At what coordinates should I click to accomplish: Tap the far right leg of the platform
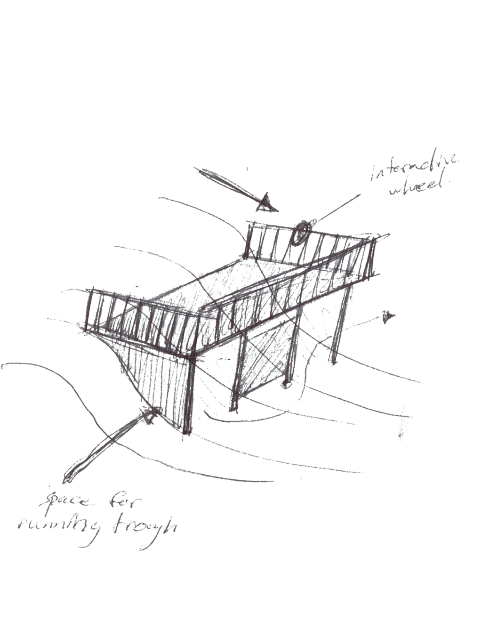[x=339, y=325]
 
